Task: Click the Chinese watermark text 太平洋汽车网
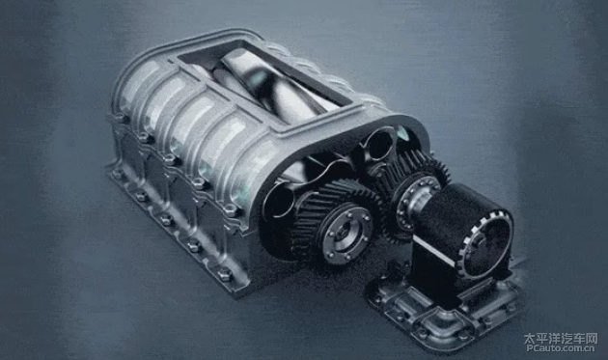(x=561, y=339)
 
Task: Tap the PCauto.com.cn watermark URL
(x=561, y=348)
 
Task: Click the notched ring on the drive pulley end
(x=484, y=244)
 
